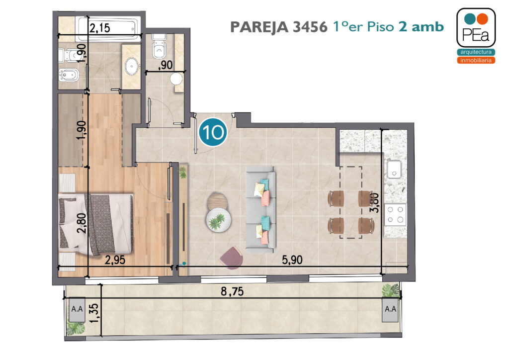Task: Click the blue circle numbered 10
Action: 213,132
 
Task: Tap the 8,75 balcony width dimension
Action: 232,291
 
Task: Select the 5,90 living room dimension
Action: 292,260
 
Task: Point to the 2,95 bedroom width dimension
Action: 115,260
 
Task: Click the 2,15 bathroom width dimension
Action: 99,28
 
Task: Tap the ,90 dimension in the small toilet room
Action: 165,65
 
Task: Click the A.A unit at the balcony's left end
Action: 77,309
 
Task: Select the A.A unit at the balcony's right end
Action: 390,309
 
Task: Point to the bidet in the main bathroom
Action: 68,75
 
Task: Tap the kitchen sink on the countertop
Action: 394,170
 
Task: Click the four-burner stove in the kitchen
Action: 395,215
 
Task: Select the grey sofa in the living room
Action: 260,209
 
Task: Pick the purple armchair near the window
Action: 231,258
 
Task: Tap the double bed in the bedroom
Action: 95,224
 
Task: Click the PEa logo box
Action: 476,27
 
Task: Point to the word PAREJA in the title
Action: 259,27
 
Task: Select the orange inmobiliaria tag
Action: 476,60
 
